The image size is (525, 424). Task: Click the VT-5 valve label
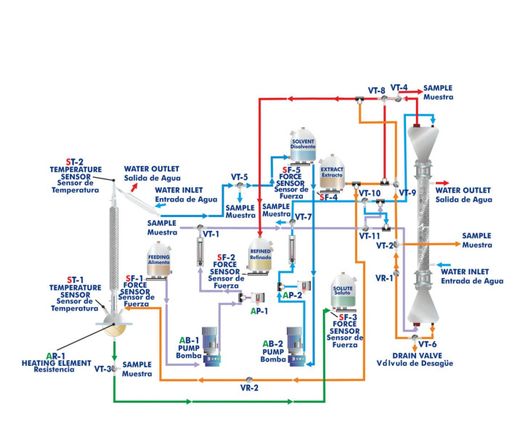coord(239,176)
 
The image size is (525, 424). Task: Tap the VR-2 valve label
coord(250,388)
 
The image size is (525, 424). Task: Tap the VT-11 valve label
coord(370,235)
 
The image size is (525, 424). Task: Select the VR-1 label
coord(384,277)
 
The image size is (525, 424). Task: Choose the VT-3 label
coord(104,369)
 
